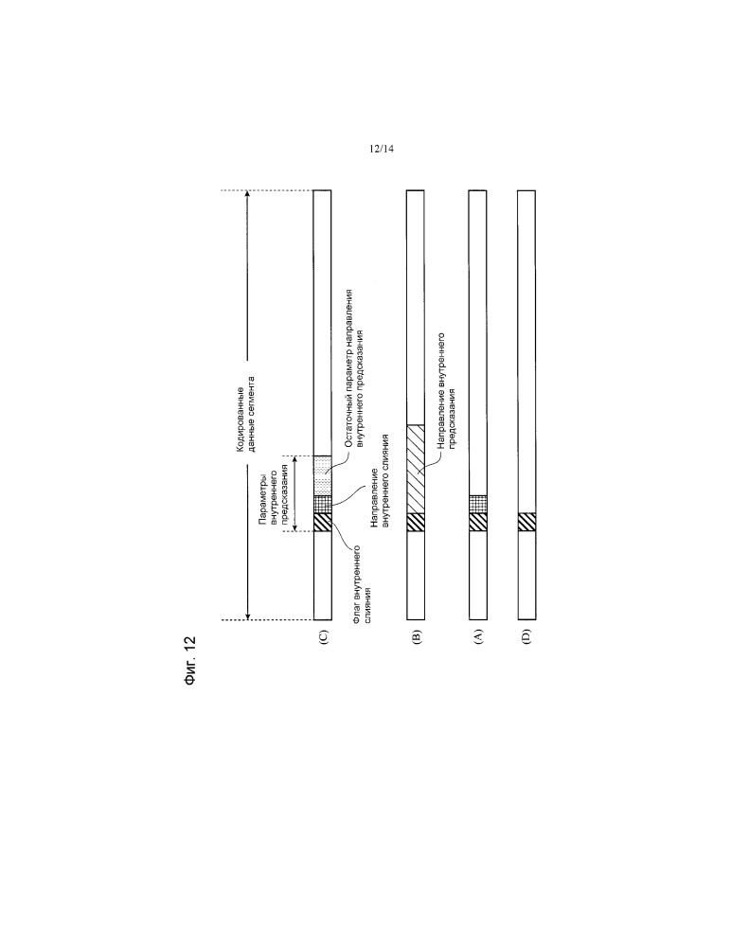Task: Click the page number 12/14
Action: pos(382,149)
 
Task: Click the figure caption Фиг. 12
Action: pos(190,660)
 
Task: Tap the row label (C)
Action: pos(323,637)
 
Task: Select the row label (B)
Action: pos(417,637)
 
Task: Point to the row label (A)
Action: pos(478,637)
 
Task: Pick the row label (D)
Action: pos(526,637)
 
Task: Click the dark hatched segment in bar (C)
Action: pos(323,522)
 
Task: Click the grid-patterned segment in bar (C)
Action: pos(323,505)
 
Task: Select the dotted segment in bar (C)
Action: pos(323,476)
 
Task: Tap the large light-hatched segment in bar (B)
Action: pos(416,470)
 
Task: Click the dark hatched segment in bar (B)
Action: pos(416,522)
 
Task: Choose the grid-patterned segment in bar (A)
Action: pos(477,505)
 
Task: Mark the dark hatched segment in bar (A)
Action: pos(477,522)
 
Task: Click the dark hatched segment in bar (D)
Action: pos(526,522)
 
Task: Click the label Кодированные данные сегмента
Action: pos(246,414)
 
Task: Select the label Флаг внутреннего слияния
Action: pos(361,583)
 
